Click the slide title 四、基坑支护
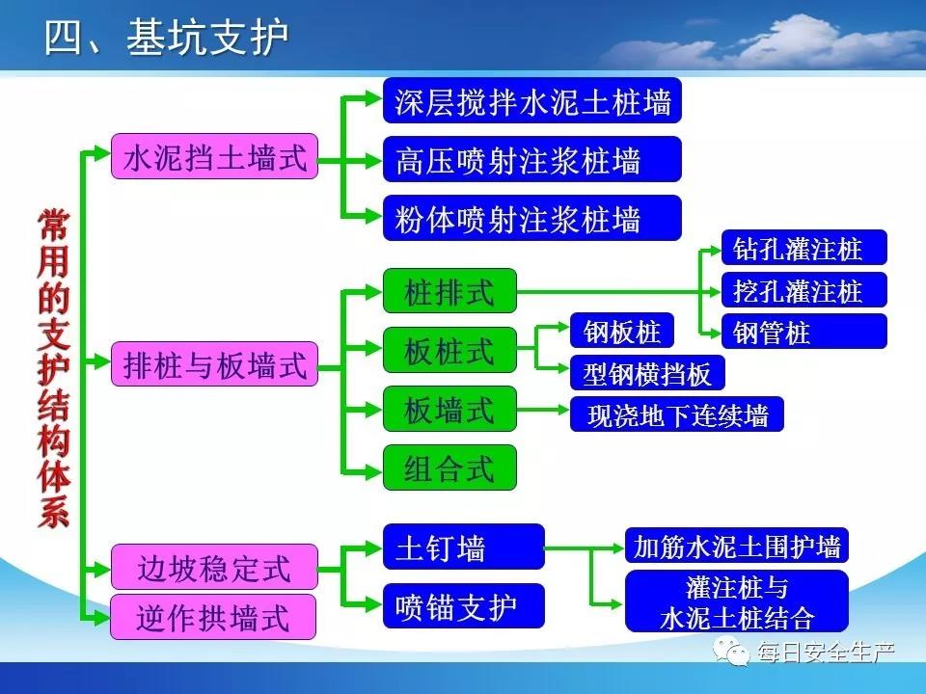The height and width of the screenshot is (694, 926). tap(167, 37)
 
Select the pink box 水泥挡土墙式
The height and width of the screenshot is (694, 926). tap(214, 156)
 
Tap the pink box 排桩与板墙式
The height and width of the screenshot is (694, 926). tap(214, 364)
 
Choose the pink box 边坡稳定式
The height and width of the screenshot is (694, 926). tap(214, 567)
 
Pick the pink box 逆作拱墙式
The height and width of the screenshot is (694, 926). tap(213, 617)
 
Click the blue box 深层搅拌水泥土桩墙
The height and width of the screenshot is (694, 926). tap(532, 100)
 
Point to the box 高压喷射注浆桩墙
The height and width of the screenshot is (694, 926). tap(532, 159)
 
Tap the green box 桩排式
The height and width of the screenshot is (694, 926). tap(449, 291)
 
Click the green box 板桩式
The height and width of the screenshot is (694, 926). tap(449, 350)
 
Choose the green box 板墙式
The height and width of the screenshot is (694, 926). tap(449, 409)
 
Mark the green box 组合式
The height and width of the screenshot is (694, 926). tap(449, 468)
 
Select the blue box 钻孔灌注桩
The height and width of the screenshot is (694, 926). tap(803, 248)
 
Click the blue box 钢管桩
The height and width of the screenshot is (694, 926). tap(803, 331)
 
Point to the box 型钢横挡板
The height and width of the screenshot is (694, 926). tap(647, 372)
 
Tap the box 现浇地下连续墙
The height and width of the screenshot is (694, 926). tap(677, 414)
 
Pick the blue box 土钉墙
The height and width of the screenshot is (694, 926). tap(464, 547)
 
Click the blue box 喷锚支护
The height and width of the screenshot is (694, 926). tap(464, 606)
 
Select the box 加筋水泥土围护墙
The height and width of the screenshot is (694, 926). tap(736, 546)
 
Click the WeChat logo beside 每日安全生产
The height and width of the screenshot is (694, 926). tap(731, 651)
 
